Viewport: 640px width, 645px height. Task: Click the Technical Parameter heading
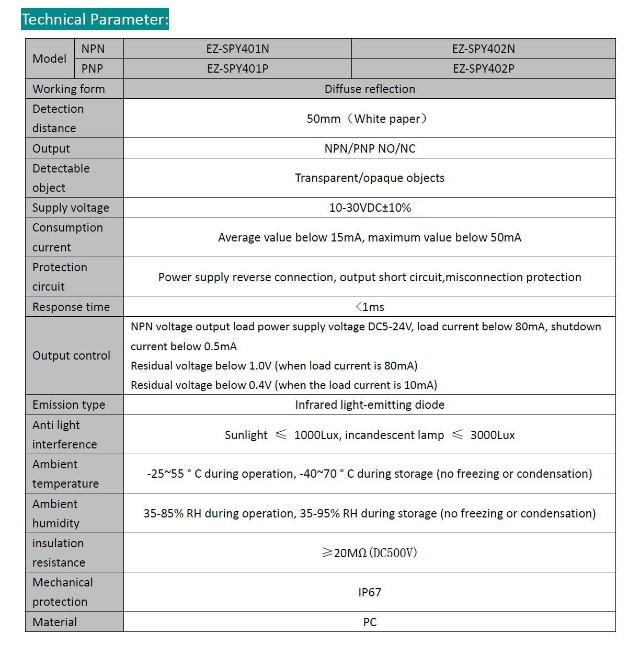(95, 19)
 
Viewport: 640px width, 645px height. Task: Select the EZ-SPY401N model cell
(237, 49)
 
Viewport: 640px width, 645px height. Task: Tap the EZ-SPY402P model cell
(483, 68)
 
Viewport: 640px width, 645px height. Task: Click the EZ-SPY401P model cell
(237, 68)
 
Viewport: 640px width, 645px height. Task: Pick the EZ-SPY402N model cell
(483, 49)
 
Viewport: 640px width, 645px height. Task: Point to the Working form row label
(68, 89)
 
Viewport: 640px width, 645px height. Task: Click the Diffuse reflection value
(370, 89)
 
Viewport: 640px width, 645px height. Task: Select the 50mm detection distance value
(367, 119)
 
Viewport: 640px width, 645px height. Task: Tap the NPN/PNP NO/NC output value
(370, 148)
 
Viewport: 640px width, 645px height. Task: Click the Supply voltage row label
(71, 208)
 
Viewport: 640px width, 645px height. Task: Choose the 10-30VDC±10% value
(370, 208)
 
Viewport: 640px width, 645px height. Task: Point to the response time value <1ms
(370, 307)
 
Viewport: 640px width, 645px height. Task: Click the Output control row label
(71, 355)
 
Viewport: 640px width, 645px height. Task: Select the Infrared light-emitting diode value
(370, 405)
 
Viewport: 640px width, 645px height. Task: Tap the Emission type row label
(68, 405)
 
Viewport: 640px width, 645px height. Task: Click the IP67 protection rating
(370, 592)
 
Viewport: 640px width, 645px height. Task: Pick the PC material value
(370, 622)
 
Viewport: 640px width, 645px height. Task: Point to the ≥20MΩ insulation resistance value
(370, 552)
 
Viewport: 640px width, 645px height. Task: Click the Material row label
(54, 622)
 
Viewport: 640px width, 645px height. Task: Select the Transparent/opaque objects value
(370, 178)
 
